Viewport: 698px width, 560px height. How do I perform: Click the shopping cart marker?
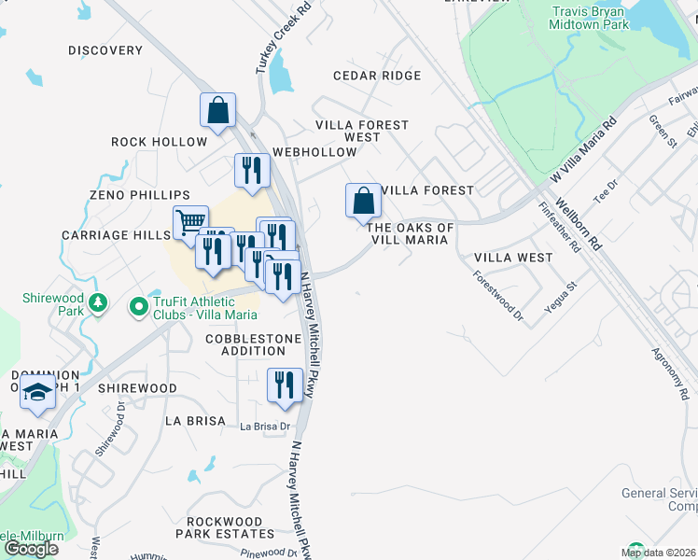click(190, 222)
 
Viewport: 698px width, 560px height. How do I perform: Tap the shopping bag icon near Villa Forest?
click(363, 199)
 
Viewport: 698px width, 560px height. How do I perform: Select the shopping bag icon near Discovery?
click(217, 109)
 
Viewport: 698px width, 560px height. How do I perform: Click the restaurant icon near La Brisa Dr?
click(286, 385)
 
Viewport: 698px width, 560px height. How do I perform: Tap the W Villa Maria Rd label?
click(584, 149)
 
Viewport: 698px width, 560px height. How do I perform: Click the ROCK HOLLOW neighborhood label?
click(159, 142)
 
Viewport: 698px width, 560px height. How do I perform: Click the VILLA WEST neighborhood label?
click(513, 257)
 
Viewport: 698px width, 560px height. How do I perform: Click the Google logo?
click(31, 548)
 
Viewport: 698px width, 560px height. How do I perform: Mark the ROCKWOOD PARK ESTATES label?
click(230, 527)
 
